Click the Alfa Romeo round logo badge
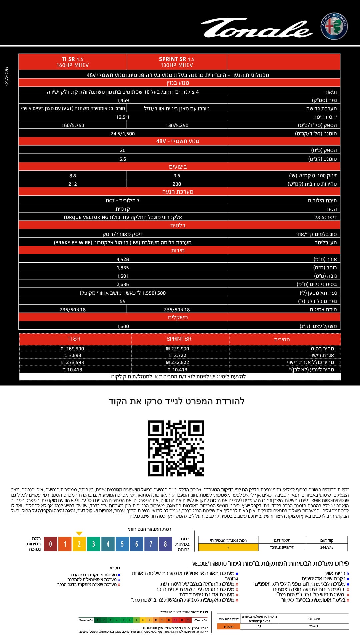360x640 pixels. click(334, 26)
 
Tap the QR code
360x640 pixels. click(176, 448)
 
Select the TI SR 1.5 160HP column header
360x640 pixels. click(73, 62)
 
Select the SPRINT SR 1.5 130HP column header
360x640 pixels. click(177, 62)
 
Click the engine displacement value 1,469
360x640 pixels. click(123, 100)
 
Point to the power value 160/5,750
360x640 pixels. click(73, 125)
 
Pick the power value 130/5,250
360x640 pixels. click(177, 125)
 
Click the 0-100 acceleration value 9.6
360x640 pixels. click(177, 176)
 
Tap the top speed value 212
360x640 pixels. click(73, 184)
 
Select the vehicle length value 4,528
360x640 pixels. click(123, 259)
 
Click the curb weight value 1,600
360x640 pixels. click(123, 326)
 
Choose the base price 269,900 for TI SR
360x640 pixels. click(73, 349)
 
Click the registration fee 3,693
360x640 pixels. click(73, 355)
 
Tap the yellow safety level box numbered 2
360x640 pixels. click(79, 544)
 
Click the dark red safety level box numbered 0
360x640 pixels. click(50, 544)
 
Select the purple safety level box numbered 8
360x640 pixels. click(165, 544)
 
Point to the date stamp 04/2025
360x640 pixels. click(7, 76)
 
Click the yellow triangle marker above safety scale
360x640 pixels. click(79, 533)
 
